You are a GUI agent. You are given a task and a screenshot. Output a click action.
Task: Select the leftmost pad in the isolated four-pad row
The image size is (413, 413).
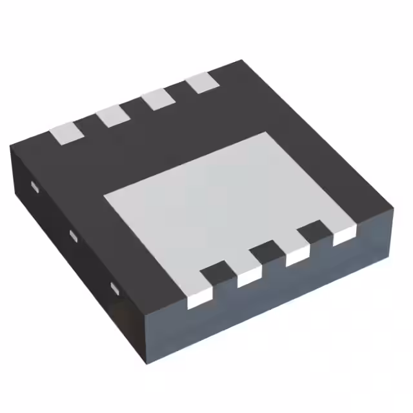(x=67, y=132)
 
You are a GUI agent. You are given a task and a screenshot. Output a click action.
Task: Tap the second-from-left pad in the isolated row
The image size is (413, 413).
(x=112, y=116)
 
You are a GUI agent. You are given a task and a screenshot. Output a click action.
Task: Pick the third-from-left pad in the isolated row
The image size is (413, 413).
(x=156, y=99)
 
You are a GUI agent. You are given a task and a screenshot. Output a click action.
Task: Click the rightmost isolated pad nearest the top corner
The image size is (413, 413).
(x=201, y=83)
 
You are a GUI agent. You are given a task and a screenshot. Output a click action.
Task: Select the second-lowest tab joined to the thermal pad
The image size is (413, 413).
(x=249, y=276)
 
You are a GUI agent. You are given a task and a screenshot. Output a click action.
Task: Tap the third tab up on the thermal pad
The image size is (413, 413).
(x=297, y=256)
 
